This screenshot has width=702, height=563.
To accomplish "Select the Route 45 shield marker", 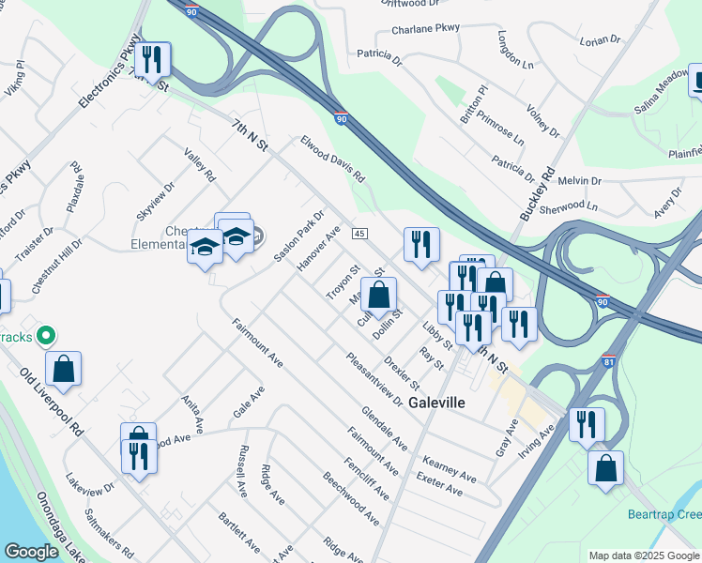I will click(359, 233).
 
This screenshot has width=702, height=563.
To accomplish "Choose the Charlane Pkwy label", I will click(426, 29).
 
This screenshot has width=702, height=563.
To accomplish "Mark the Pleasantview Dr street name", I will click(374, 379).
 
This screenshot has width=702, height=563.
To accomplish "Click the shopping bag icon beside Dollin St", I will click(377, 296).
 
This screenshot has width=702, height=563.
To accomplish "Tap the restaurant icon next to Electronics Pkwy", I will click(152, 59).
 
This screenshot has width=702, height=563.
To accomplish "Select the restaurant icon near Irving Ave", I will click(587, 424).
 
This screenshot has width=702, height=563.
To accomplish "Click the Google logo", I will click(31, 552).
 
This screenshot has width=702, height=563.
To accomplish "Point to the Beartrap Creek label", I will click(664, 515).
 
